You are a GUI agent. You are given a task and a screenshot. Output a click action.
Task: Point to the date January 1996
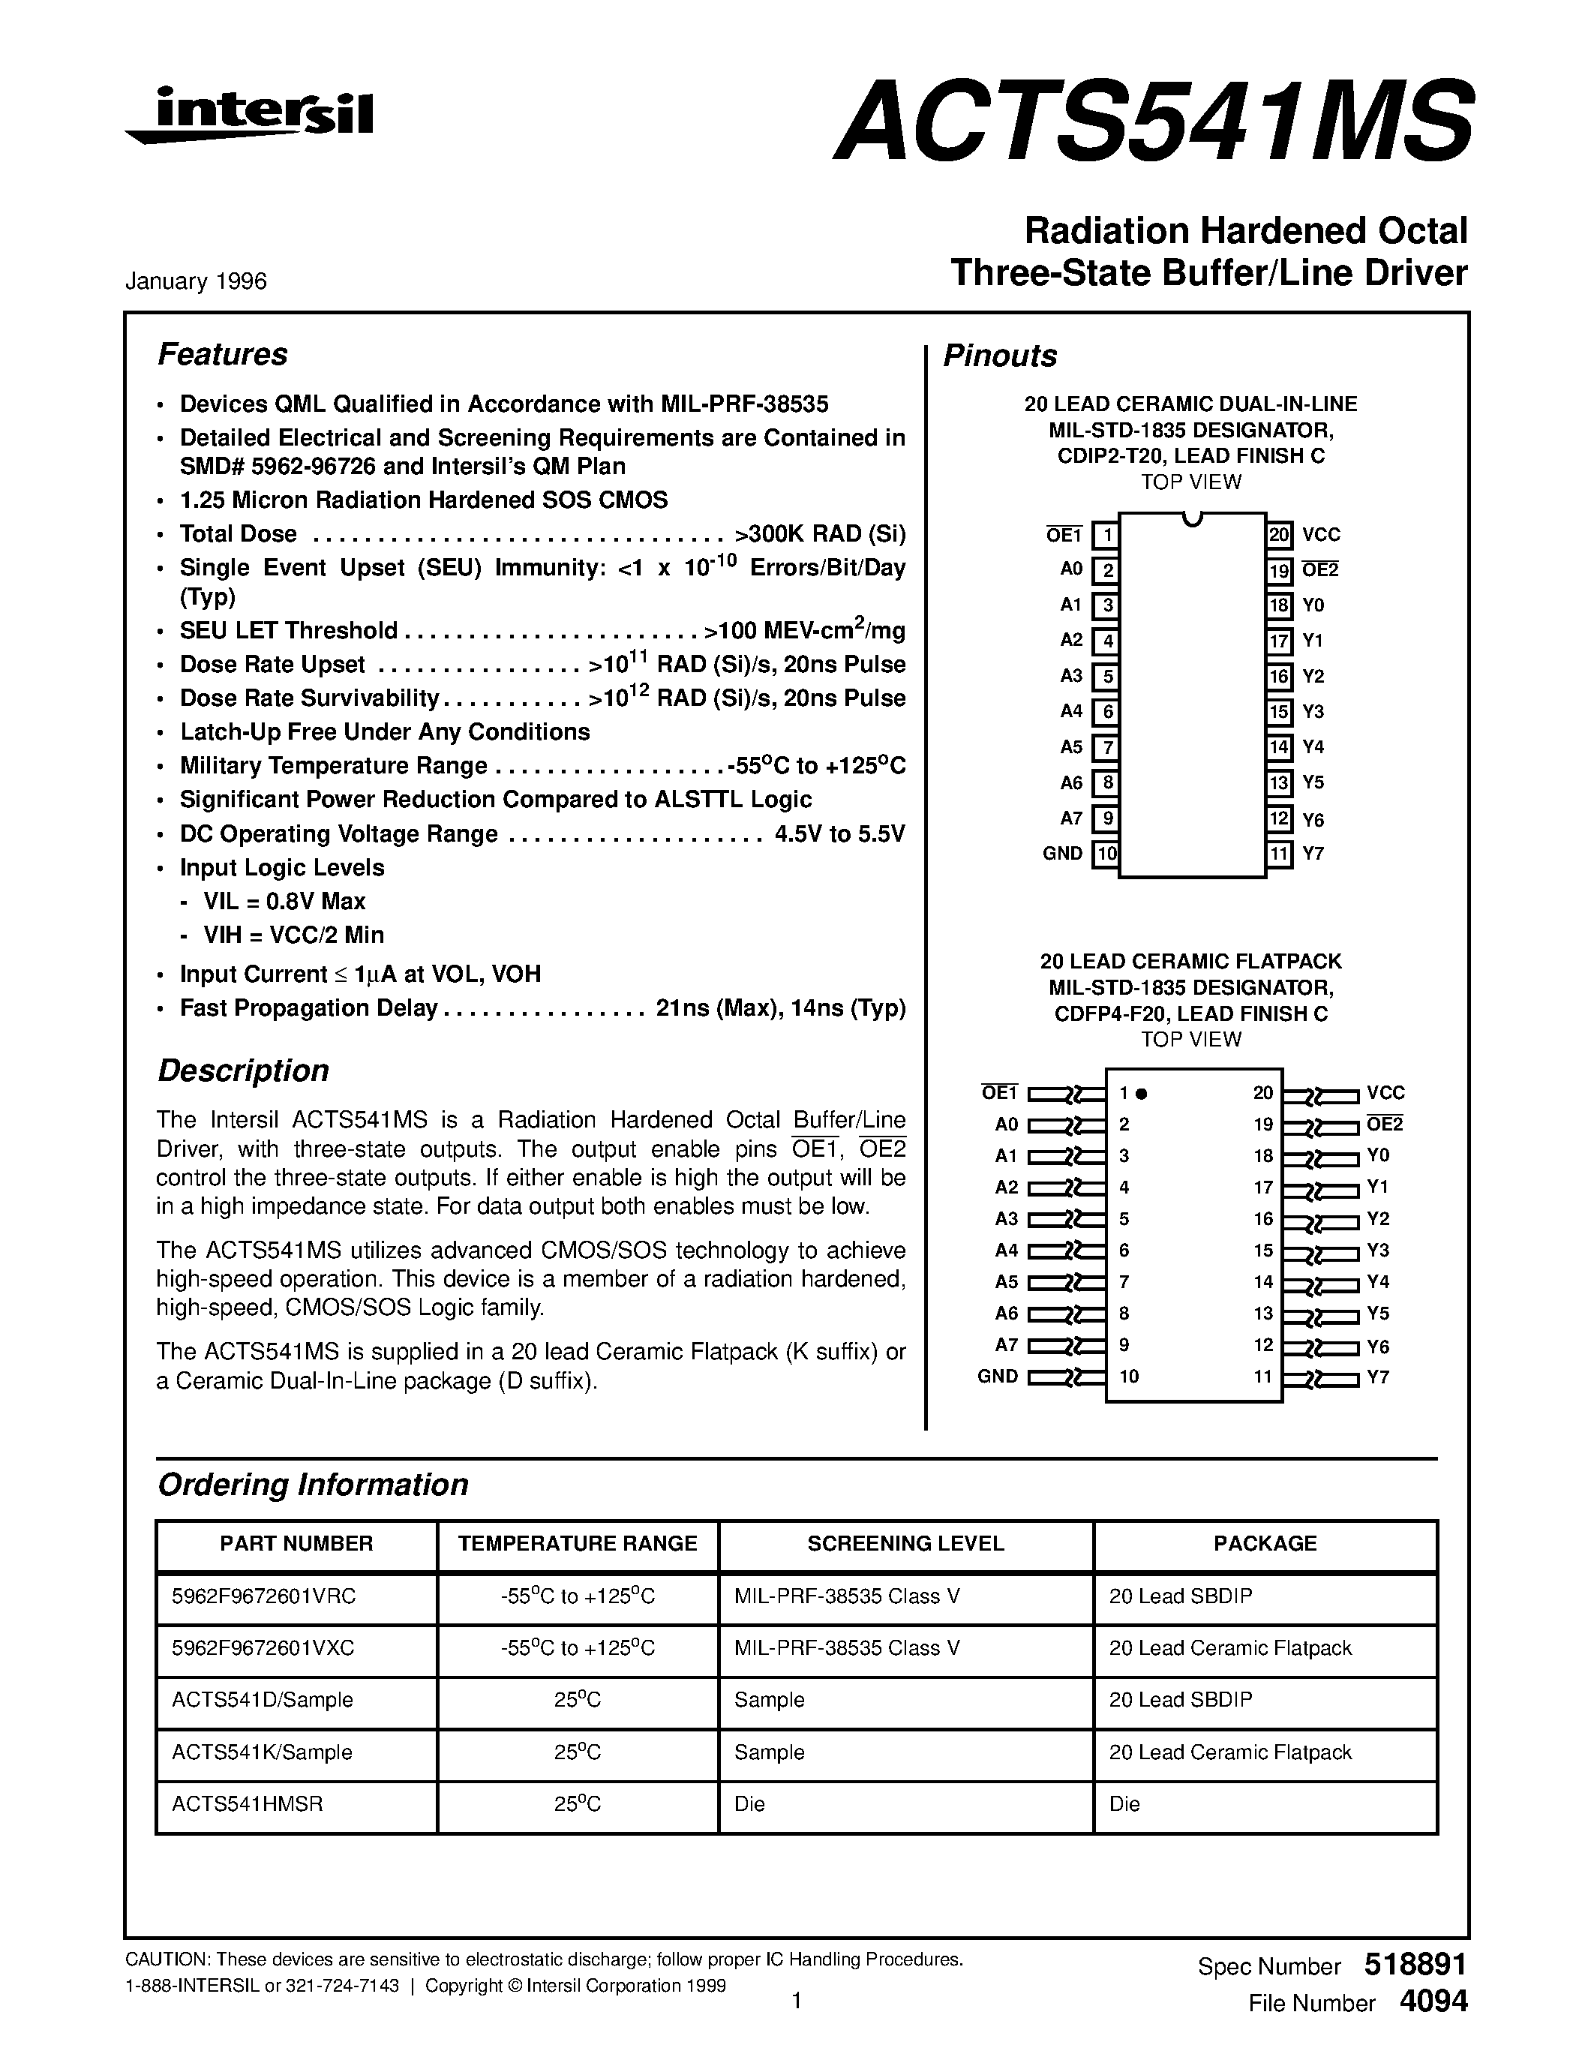coord(196,281)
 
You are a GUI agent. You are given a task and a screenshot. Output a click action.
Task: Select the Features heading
coord(222,354)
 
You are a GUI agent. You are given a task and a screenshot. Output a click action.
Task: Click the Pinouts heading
coord(1000,356)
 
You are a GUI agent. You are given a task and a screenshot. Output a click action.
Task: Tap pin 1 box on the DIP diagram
coord(1105,536)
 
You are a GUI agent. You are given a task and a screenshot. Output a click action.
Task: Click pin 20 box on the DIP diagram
coord(1279,536)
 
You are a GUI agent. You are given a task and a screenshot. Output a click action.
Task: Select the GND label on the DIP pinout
coord(1062,854)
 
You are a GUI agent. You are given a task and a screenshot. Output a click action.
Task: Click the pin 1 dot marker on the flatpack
coord(1141,1094)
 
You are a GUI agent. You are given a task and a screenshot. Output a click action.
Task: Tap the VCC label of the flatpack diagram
coord(1385,1093)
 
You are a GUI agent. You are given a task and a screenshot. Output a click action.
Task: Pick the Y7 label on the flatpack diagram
coord(1378,1377)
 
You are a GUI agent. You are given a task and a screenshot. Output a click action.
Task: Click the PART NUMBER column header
coord(296,1543)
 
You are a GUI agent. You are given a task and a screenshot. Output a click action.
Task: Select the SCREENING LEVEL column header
coord(905,1543)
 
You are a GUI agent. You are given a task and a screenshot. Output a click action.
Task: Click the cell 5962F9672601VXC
coord(263,1648)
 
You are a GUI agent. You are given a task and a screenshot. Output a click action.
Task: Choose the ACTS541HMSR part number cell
coord(248,1804)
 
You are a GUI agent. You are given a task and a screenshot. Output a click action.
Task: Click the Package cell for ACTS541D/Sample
coord(1181,1700)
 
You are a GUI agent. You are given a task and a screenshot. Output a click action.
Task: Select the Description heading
coord(243,1071)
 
